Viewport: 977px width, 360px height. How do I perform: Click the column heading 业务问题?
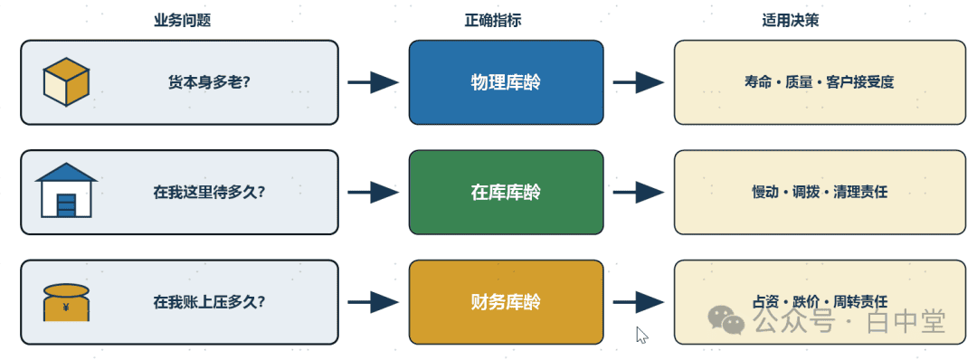tap(183, 21)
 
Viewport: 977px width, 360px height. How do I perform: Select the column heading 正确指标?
tap(493, 21)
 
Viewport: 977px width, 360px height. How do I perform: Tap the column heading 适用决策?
tap(790, 21)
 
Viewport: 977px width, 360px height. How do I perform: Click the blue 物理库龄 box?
tap(506, 82)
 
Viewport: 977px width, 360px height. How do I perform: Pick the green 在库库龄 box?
tap(506, 193)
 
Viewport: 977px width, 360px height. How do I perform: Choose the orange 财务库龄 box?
tap(506, 302)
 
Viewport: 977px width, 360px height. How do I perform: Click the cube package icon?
tap(66, 81)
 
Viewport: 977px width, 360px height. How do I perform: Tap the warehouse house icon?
tap(66, 190)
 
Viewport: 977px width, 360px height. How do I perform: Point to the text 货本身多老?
tap(209, 82)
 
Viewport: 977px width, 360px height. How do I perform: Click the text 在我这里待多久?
tap(209, 193)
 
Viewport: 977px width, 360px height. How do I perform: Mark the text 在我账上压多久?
tap(209, 302)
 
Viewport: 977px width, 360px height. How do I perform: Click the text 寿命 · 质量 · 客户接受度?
tap(820, 82)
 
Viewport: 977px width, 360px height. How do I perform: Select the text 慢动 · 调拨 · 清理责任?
tap(820, 193)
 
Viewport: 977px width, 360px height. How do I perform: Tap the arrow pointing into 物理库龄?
tap(374, 82)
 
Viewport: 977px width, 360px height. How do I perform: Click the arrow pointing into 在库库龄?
tap(374, 193)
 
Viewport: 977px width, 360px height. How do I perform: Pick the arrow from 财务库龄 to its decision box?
tap(639, 303)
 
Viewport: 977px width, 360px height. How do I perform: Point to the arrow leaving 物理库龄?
tap(639, 82)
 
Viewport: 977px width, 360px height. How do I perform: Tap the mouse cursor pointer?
tap(641, 335)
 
